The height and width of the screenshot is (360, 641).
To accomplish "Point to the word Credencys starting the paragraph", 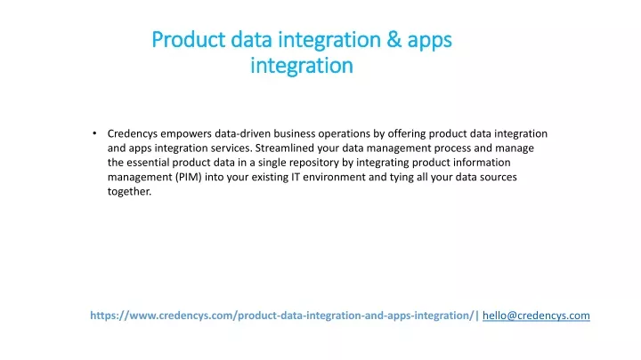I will tap(132, 133).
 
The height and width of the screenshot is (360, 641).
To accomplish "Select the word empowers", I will tap(186, 133).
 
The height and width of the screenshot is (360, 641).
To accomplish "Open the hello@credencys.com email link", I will tap(536, 316).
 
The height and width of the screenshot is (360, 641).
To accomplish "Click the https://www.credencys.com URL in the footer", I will tap(283, 316).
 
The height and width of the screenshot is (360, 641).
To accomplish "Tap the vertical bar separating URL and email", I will tap(478, 316).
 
